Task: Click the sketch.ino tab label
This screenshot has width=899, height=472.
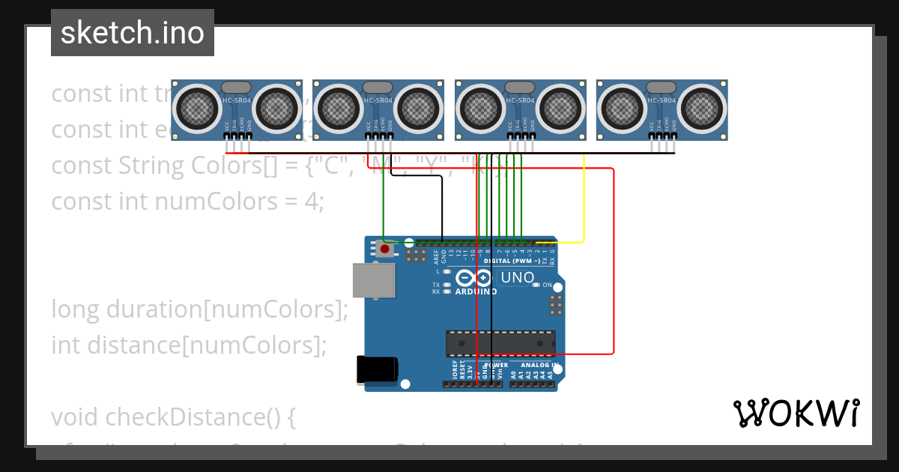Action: [x=133, y=33]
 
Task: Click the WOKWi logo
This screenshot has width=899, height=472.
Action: [x=796, y=413]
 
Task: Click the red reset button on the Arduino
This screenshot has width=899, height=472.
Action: [x=385, y=249]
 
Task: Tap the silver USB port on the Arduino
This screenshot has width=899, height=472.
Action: [x=373, y=281]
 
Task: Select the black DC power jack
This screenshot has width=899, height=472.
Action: [x=377, y=369]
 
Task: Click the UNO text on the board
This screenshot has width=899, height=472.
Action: [x=518, y=277]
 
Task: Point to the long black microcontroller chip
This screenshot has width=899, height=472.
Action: [x=500, y=343]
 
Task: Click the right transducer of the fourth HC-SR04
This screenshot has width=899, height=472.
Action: [x=703, y=109]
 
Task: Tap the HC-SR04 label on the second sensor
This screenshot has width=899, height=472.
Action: [x=378, y=100]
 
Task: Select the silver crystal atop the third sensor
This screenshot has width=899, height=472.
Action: [x=520, y=88]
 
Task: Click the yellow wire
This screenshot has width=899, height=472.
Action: [x=584, y=202]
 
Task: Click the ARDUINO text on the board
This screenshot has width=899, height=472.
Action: [x=476, y=291]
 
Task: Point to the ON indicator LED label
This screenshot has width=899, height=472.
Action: [x=547, y=285]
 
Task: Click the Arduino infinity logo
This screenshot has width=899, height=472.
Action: [x=474, y=278]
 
